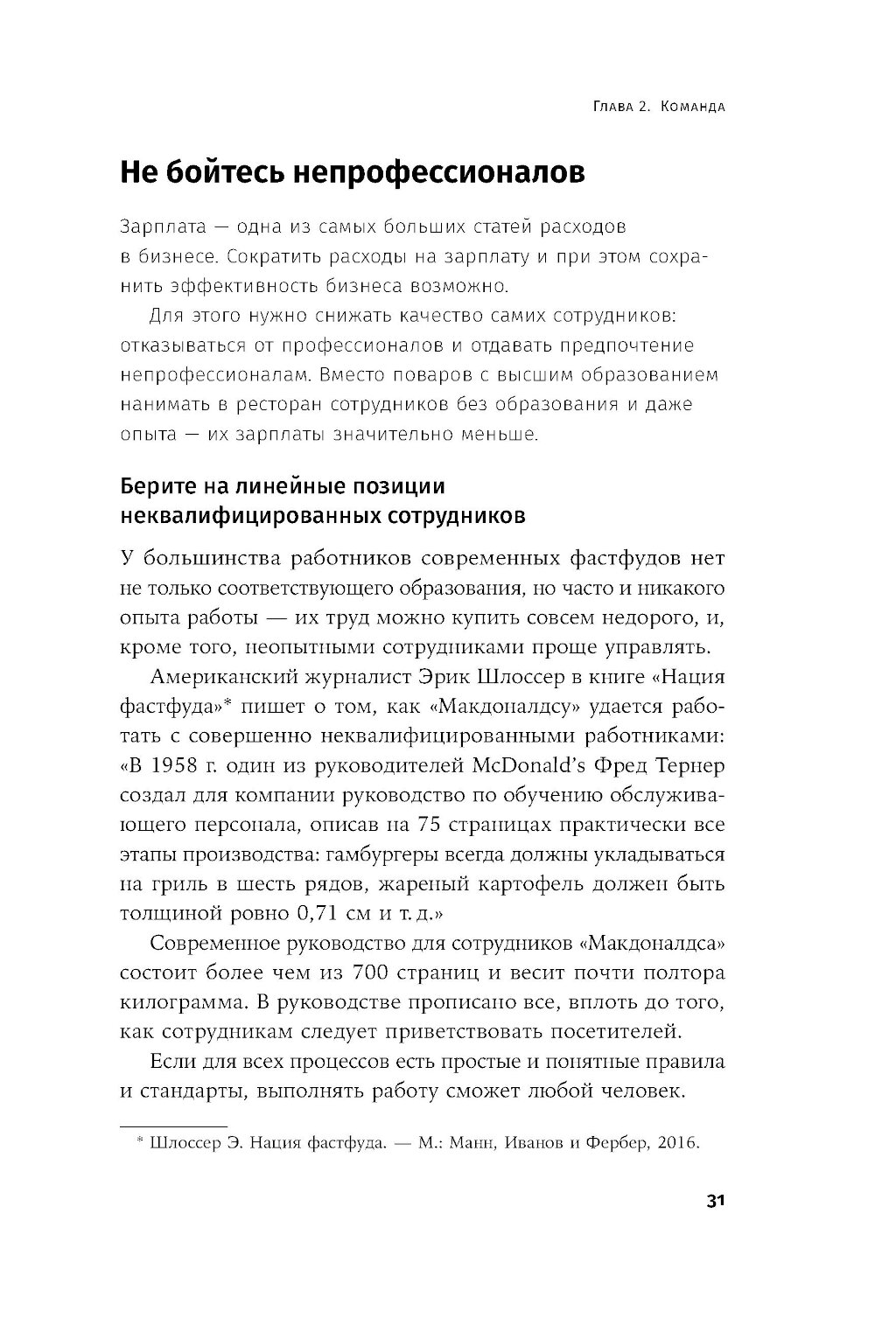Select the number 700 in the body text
[x=373, y=973]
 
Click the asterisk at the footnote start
[x=140, y=1141]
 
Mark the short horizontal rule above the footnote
[x=172, y=1126]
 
